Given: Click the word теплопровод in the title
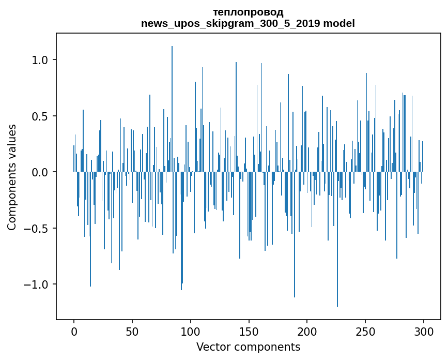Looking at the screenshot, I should point(248,12).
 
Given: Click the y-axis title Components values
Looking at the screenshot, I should point(12,177).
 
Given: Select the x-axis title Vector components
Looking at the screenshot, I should point(248,347).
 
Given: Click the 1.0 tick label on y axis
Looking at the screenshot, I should point(40,60).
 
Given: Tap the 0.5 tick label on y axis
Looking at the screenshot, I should point(40,116).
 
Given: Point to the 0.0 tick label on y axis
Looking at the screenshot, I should point(40,172).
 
